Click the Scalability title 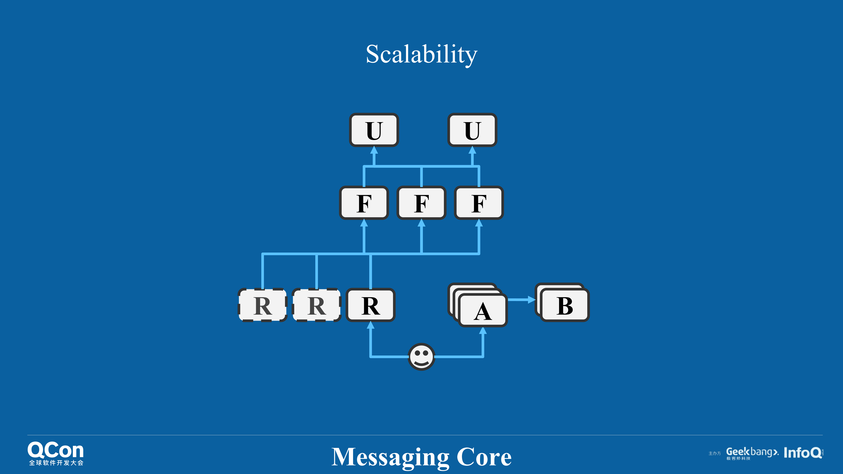coord(422,54)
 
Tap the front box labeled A coord(483,311)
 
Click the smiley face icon coord(422,357)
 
